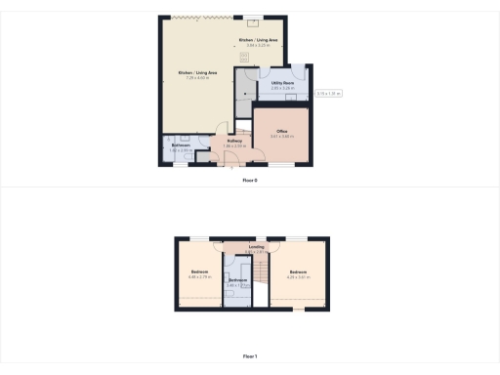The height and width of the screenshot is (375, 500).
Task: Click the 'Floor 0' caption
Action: coord(251,181)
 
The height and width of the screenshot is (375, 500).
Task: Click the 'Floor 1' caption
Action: coord(251,357)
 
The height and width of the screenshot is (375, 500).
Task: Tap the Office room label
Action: coord(281,131)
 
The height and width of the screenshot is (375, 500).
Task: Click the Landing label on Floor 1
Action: coord(257,247)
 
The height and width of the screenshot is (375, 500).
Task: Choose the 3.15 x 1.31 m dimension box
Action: coord(327,94)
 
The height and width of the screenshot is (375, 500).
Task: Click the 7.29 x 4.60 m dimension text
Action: coord(197,78)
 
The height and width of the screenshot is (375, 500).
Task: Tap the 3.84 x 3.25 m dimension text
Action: coord(259,45)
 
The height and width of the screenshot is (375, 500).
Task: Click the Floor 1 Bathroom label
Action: coord(237,280)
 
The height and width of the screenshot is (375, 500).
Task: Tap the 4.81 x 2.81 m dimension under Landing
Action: coord(257,252)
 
